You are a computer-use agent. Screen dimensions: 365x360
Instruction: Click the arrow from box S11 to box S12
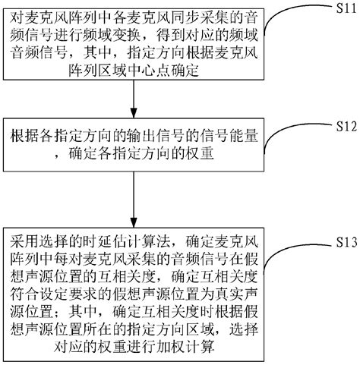(134, 99)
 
